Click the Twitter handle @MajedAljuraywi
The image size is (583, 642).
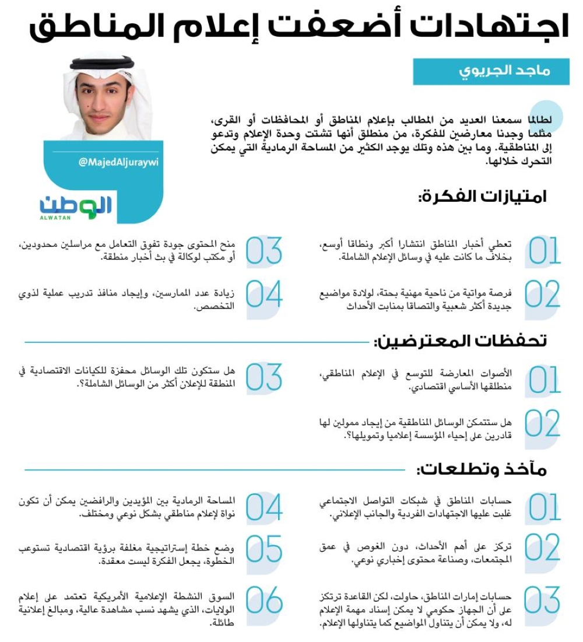point(118,162)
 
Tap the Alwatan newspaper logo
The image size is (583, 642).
point(76,206)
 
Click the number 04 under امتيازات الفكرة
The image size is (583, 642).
point(264,295)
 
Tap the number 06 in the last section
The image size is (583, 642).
point(264,601)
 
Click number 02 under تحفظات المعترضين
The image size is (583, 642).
point(543,425)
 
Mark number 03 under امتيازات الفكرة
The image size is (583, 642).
point(264,251)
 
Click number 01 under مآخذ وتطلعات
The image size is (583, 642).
point(543,507)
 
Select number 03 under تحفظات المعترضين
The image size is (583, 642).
point(264,378)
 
